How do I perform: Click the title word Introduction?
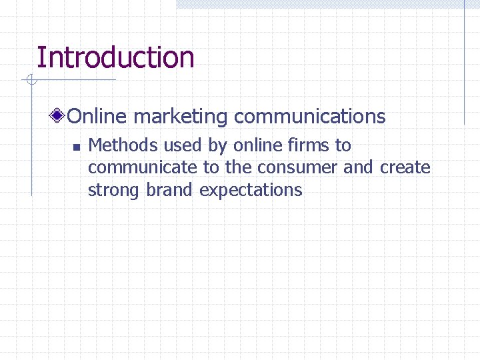(115, 57)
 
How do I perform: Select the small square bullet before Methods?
(76, 147)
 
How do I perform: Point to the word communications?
(310, 117)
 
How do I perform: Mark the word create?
(405, 167)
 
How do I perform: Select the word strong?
(114, 190)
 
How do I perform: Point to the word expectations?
(251, 190)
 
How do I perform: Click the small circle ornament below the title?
(31, 81)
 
